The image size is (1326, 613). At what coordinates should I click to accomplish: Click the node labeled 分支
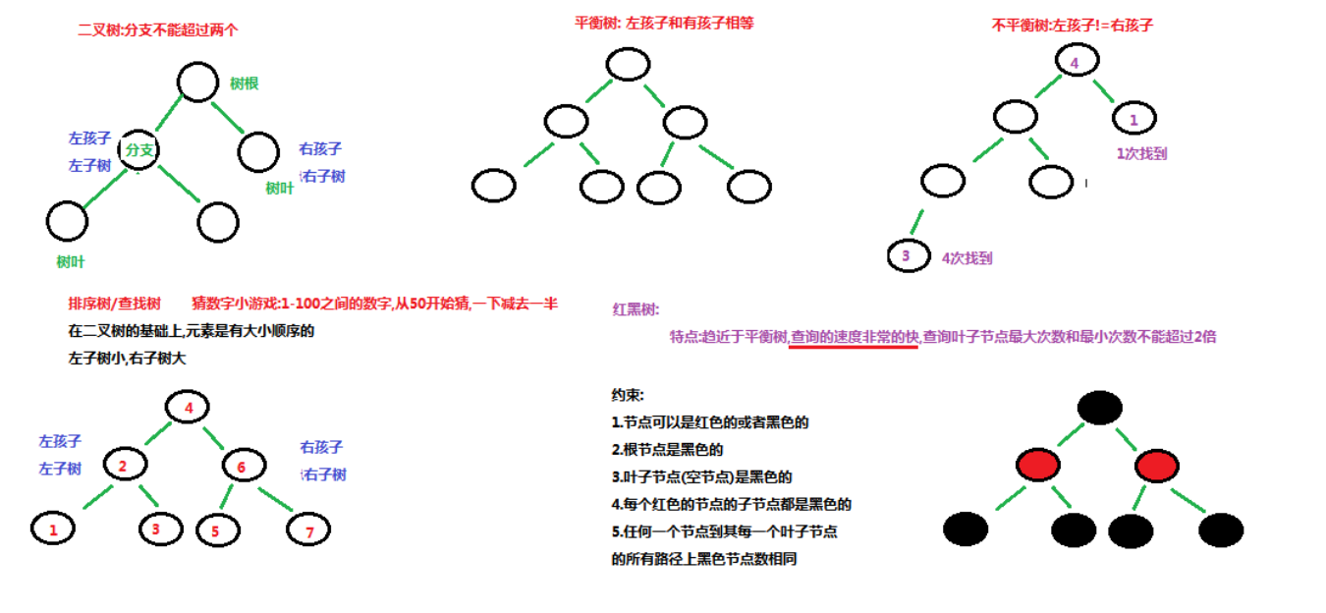pos(140,150)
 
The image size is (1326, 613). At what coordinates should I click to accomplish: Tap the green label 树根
pos(244,84)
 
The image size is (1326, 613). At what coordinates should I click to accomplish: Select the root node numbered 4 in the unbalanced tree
pos(1075,62)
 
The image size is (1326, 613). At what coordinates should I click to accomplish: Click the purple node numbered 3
pos(906,256)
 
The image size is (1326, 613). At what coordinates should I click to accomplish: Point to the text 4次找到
pos(967,258)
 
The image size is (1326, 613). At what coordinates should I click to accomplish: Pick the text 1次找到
pos(1141,153)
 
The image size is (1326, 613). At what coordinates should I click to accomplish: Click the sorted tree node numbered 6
pos(242,467)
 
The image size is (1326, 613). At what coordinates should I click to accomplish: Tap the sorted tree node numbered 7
pos(308,531)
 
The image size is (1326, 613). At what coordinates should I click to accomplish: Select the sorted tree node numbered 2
pos(123,465)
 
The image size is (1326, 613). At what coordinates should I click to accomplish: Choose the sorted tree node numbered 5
pos(217,530)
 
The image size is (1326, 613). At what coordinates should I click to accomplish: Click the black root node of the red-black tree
pos(1099,407)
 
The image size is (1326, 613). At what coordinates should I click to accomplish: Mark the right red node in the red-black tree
pos(1156,466)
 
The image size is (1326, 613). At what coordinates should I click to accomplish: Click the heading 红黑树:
pos(635,308)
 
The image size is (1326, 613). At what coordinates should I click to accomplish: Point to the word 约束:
pos(628,395)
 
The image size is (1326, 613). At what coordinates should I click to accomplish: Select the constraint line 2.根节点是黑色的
pos(667,450)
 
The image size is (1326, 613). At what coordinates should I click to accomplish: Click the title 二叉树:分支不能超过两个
pos(158,30)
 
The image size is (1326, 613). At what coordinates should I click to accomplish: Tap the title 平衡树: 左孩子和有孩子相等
pos(664,23)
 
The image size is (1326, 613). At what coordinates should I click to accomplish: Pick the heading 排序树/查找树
pos(114,304)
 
